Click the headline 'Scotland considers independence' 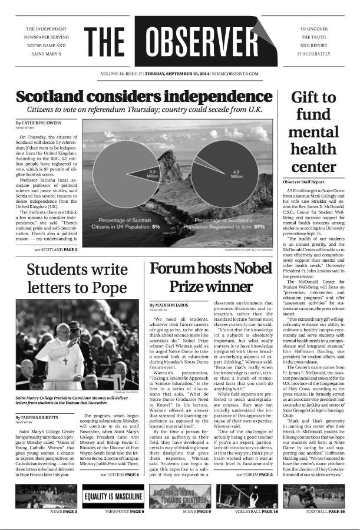(144, 96)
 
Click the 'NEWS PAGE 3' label (63, 511)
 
